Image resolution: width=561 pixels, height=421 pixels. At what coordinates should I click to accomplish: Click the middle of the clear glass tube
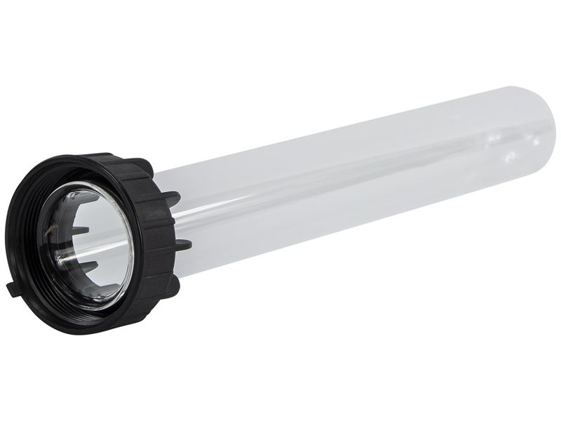(x=351, y=182)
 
